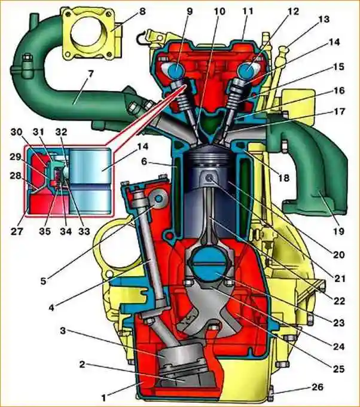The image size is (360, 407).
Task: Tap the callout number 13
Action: click(x=324, y=20)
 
